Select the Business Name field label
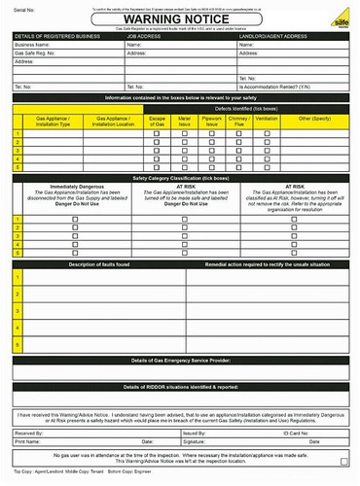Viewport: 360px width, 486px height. click(34, 45)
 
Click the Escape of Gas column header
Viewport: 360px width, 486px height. click(157, 121)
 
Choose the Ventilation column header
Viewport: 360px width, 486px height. click(266, 118)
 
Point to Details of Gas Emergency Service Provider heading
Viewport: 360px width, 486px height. click(180, 359)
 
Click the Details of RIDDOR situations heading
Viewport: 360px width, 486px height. click(180, 386)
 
